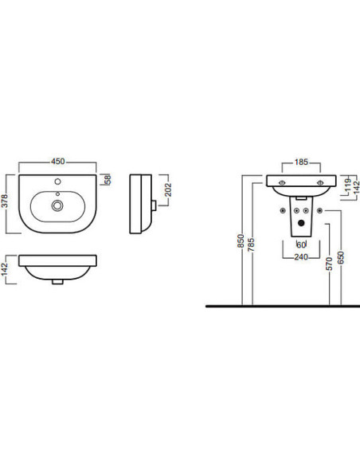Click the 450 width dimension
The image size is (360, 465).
pos(58,162)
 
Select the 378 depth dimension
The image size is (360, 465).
pos(5,201)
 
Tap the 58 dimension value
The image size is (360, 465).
pos(108,179)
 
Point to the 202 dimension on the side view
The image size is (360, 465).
pos(168,190)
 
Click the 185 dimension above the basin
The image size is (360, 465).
pos(301,162)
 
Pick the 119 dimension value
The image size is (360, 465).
pos(349,185)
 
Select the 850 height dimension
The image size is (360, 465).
pos(241,240)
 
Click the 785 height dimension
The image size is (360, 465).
pos(251,244)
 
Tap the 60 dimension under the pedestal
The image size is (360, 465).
pos(301,244)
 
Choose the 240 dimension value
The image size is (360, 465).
pos(301,257)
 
